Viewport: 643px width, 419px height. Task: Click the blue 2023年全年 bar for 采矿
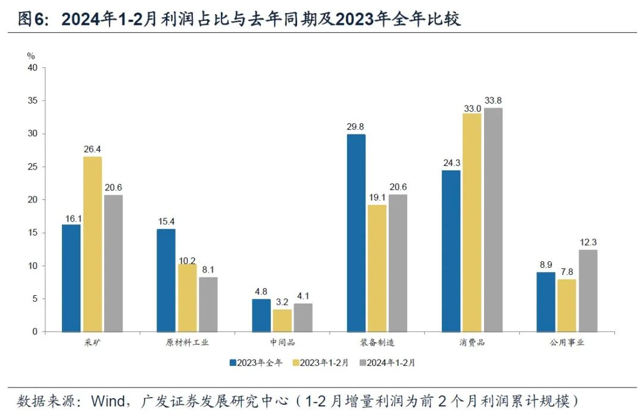click(x=71, y=278)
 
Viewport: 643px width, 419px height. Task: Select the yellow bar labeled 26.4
click(x=92, y=244)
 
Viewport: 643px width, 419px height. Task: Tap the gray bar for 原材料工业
click(x=208, y=304)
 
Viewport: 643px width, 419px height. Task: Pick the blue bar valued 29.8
click(x=356, y=233)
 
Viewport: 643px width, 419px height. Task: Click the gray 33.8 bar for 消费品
click(x=493, y=220)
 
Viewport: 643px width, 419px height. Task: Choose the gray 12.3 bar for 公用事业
click(x=588, y=290)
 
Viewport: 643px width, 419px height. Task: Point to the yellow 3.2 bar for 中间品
click(x=282, y=320)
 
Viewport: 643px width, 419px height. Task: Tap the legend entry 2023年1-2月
click(x=321, y=362)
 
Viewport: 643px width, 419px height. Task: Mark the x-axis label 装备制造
click(x=377, y=343)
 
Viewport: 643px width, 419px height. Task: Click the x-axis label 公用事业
click(x=567, y=343)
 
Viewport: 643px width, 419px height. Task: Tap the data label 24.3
click(x=451, y=162)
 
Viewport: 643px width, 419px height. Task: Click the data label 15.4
click(x=166, y=221)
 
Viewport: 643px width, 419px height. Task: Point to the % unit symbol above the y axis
click(x=31, y=56)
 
